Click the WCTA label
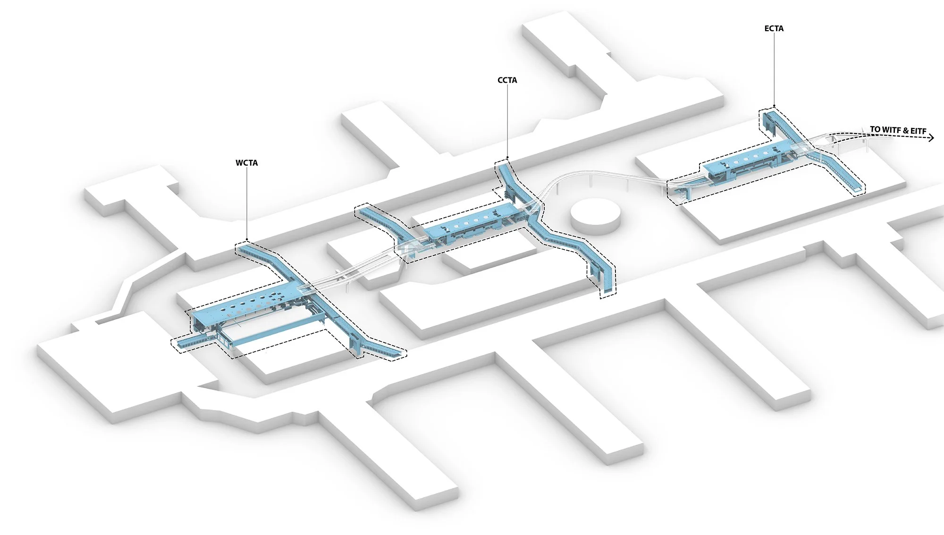click(x=246, y=163)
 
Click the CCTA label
click(x=507, y=80)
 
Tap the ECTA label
click(x=774, y=29)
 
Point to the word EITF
click(x=918, y=131)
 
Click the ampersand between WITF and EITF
click(x=906, y=130)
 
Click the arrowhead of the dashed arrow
click(x=931, y=138)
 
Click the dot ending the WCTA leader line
click(x=247, y=239)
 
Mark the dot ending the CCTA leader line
click(x=507, y=158)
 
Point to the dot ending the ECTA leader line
click(x=774, y=106)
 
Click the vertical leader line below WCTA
click(x=247, y=203)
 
